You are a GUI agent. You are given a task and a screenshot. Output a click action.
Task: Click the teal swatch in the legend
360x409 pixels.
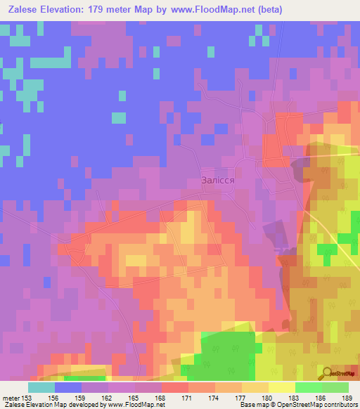41,387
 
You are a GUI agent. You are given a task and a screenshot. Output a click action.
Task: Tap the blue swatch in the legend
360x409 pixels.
68,387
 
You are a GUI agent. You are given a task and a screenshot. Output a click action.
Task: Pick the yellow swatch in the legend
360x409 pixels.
281,387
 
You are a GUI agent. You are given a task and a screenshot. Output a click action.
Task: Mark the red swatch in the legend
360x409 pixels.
175,387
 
